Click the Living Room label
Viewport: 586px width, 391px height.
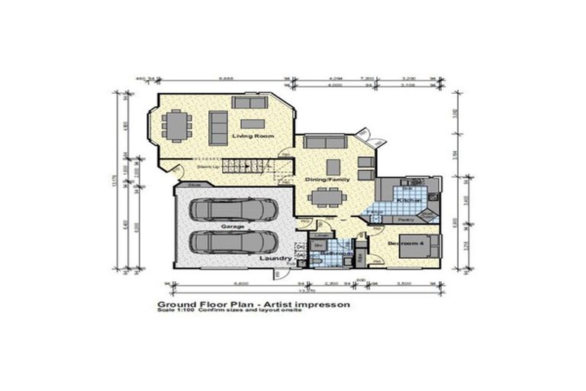[252, 137]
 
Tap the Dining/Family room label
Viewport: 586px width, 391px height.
[328, 179]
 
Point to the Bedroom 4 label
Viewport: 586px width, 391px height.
[404, 243]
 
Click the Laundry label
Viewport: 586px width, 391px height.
[275, 258]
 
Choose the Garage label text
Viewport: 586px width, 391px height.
[232, 227]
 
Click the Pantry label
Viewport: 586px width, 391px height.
[405, 218]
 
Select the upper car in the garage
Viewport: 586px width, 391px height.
[233, 210]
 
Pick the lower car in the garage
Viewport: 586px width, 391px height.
[233, 242]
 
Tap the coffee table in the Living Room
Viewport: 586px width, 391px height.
[253, 123]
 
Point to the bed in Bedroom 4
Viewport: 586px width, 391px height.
[427, 245]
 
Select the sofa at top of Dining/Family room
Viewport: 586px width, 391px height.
[324, 142]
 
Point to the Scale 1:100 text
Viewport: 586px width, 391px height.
[174, 310]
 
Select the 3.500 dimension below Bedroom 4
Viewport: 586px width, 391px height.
[404, 285]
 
